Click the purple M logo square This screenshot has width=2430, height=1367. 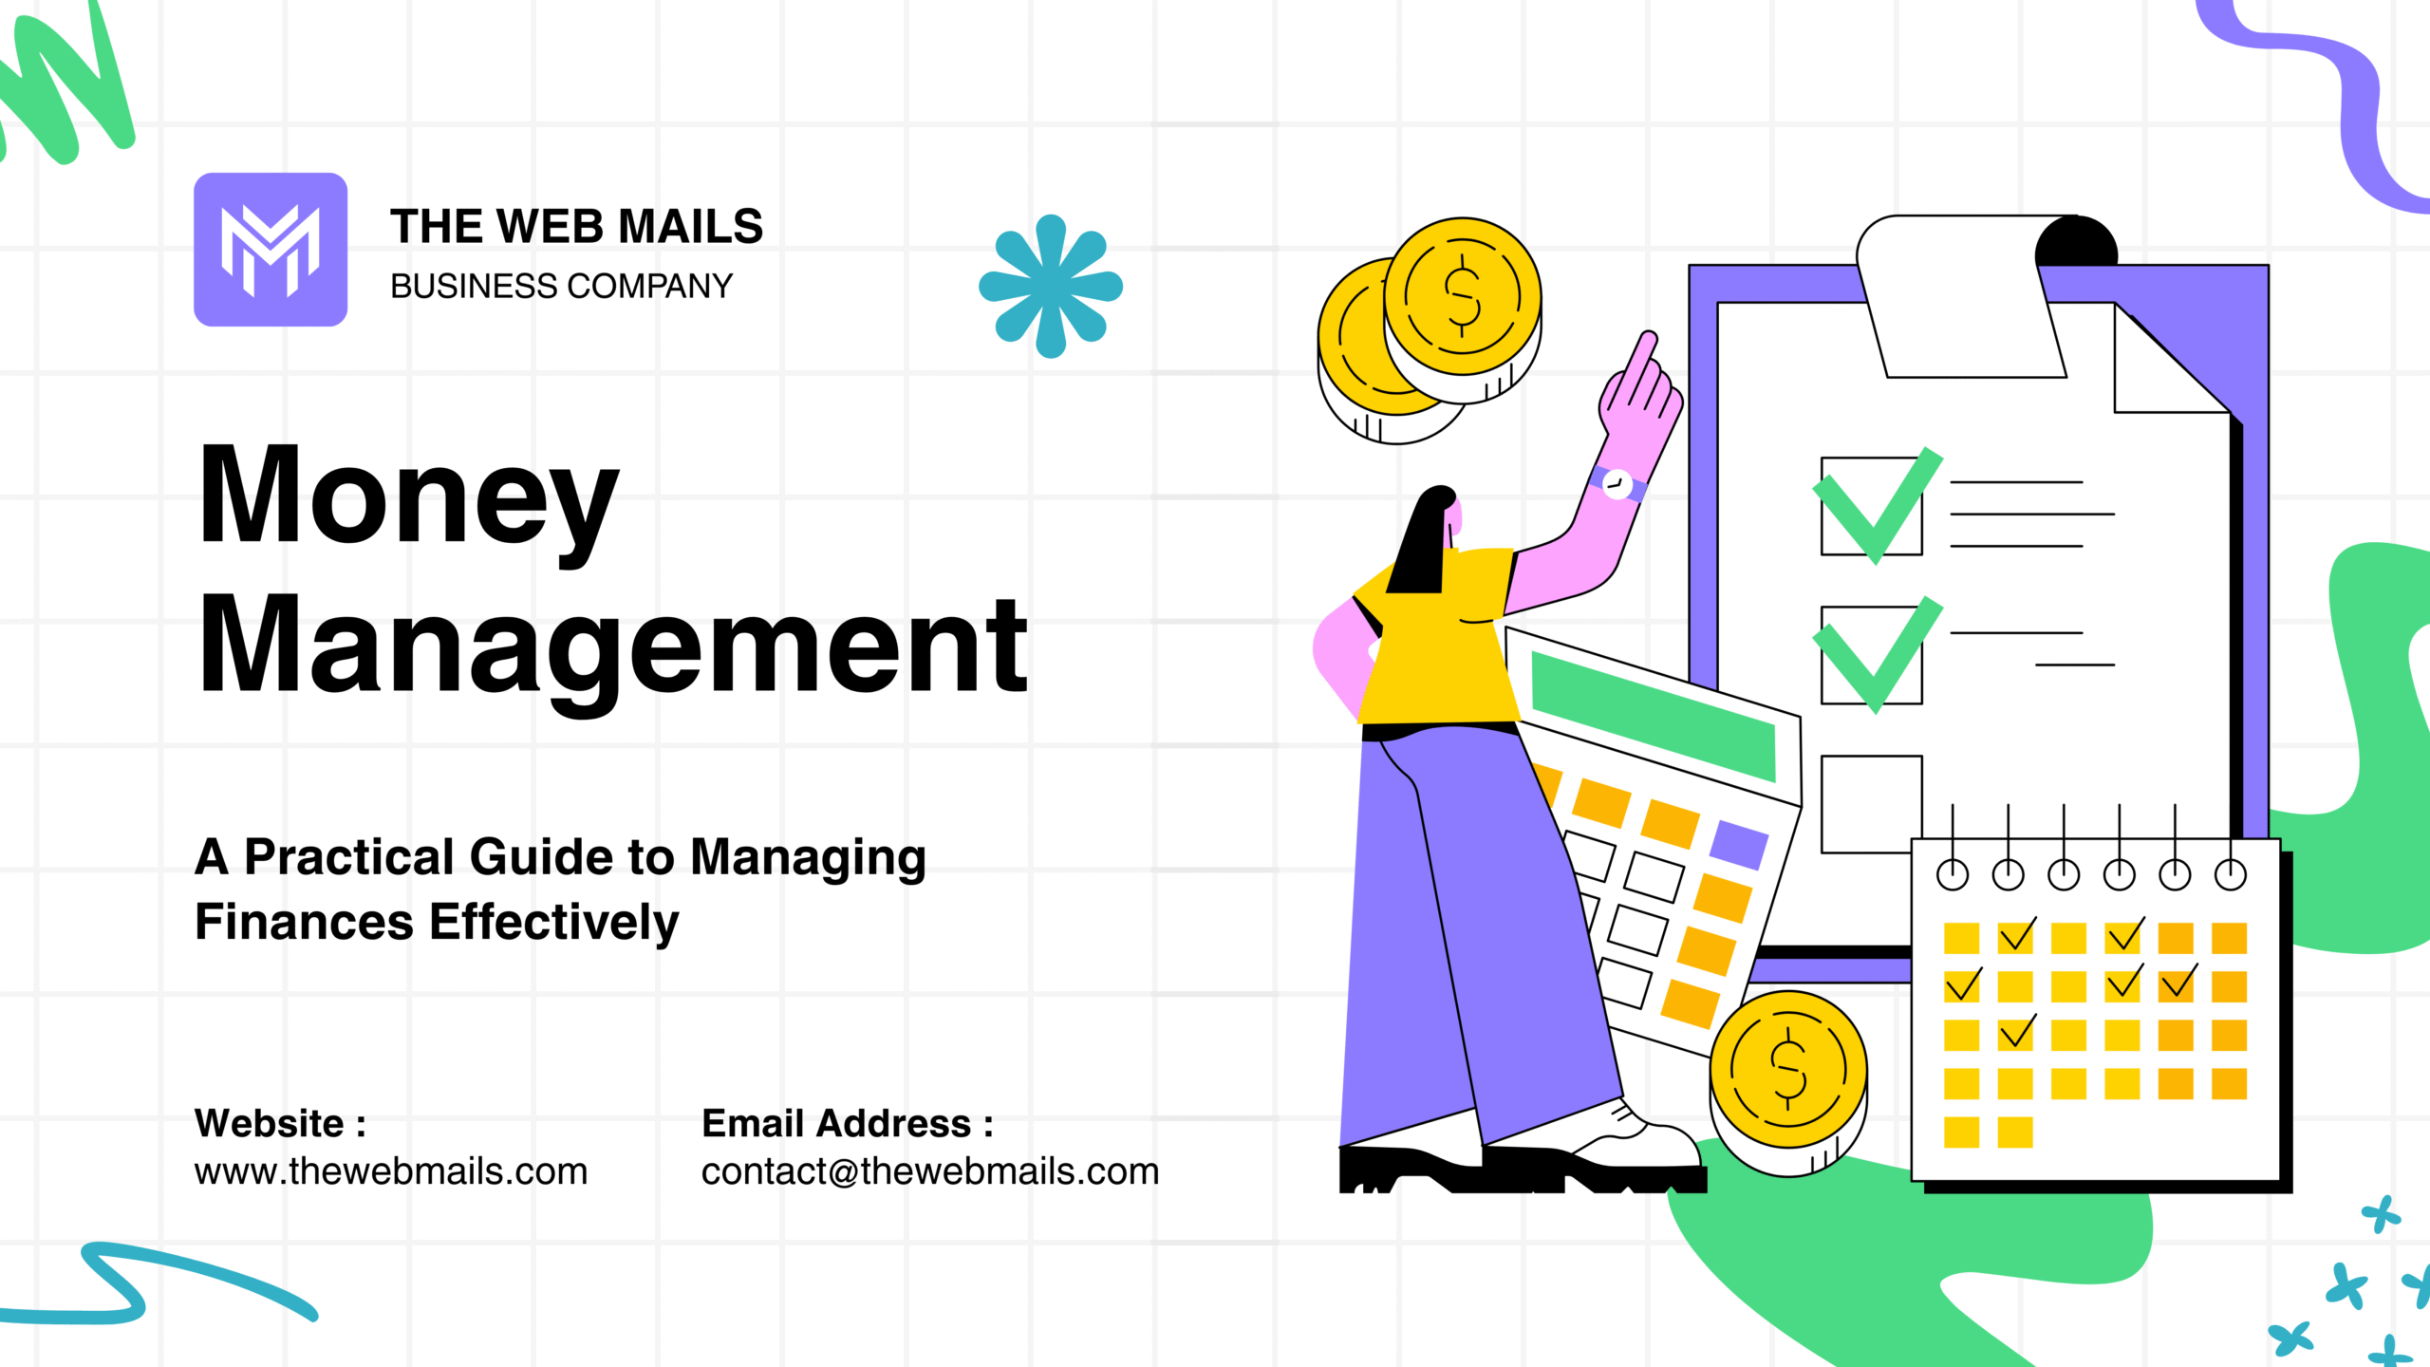click(x=271, y=250)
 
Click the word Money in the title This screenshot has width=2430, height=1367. click(x=408, y=497)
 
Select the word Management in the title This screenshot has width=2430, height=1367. click(x=613, y=646)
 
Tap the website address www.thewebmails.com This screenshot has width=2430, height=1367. click(x=391, y=1171)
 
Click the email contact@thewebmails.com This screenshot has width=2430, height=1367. click(x=930, y=1171)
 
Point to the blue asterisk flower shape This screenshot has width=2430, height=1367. click(x=1051, y=286)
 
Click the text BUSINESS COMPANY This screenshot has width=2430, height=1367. click(x=561, y=286)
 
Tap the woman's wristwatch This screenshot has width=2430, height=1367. click(x=1617, y=484)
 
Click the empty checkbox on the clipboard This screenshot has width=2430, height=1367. click(x=1870, y=803)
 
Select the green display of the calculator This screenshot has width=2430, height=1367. click(x=1653, y=717)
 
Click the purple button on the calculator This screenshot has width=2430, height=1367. click(x=1739, y=844)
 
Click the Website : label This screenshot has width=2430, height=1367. click(x=280, y=1123)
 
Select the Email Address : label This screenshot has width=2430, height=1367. click(x=847, y=1123)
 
